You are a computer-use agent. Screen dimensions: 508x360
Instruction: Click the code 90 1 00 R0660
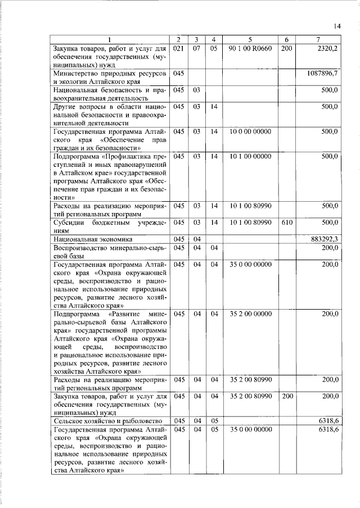pyautogui.click(x=250, y=49)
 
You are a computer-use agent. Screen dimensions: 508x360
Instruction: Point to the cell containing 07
pyautogui.click(x=197, y=49)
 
